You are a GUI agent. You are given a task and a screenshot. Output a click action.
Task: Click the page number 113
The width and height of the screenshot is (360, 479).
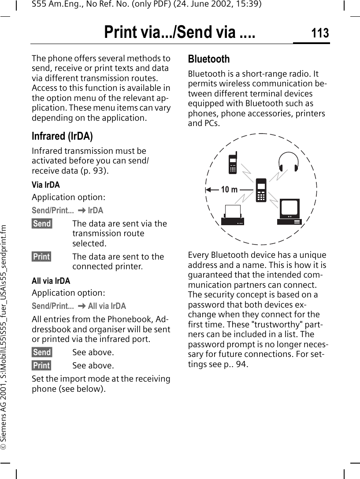pos(320,33)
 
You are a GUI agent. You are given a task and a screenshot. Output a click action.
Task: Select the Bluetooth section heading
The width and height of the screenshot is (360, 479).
pos(209,59)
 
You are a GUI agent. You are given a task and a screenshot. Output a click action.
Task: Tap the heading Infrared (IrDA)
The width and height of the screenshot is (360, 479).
pos(62,136)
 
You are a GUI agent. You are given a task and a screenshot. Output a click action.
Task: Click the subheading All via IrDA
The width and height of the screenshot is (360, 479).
pos(51,281)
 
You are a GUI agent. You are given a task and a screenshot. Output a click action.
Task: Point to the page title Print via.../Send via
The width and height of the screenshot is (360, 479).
pos(179,33)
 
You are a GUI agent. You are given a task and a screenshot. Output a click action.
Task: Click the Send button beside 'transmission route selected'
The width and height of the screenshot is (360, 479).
pos(42,224)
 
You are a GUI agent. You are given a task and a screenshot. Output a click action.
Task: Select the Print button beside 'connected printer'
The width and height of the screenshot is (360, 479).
pos(41,257)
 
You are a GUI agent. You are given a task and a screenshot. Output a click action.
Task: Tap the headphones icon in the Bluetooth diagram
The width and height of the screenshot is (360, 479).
pos(289,162)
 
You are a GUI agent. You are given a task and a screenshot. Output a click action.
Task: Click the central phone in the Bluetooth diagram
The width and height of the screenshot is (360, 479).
pos(261,190)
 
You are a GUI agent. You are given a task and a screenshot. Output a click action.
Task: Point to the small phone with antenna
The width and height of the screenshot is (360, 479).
pos(233,163)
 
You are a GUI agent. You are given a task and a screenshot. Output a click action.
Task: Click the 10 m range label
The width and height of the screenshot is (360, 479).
pos(229,190)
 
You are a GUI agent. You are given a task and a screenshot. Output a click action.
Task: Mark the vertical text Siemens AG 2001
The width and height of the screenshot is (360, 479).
pos(5,308)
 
